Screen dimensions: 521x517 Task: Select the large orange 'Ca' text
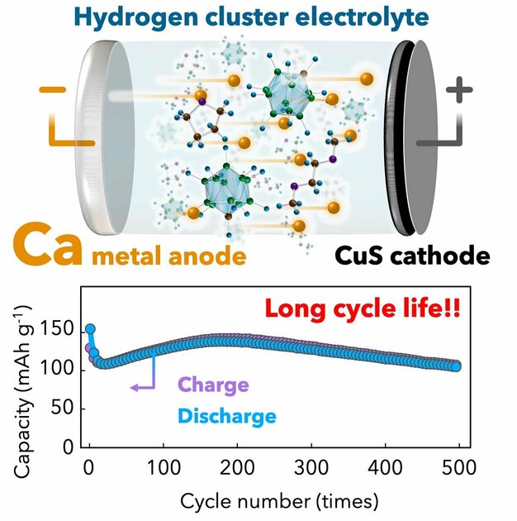pyautogui.click(x=50, y=246)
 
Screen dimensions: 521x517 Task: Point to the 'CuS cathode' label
pyautogui.click(x=412, y=255)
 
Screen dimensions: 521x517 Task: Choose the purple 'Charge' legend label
pyautogui.click(x=213, y=385)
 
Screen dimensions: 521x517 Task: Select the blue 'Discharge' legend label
pyautogui.click(x=226, y=416)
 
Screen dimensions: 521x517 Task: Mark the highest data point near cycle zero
pyautogui.click(x=91, y=329)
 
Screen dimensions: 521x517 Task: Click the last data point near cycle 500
pyautogui.click(x=456, y=366)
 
